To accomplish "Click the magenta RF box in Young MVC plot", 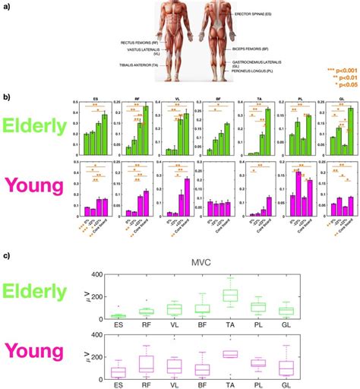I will point(146,364).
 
